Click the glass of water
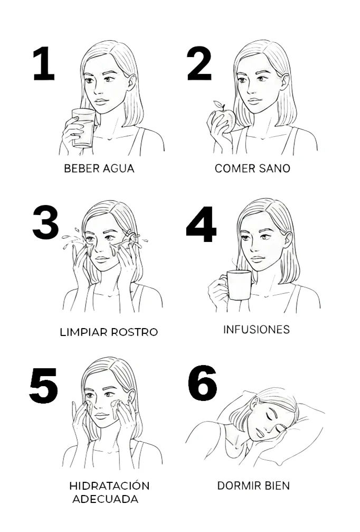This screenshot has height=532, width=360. coord(83,127)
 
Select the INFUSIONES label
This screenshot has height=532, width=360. coord(256,329)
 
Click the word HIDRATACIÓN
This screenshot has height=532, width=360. coord(109,486)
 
